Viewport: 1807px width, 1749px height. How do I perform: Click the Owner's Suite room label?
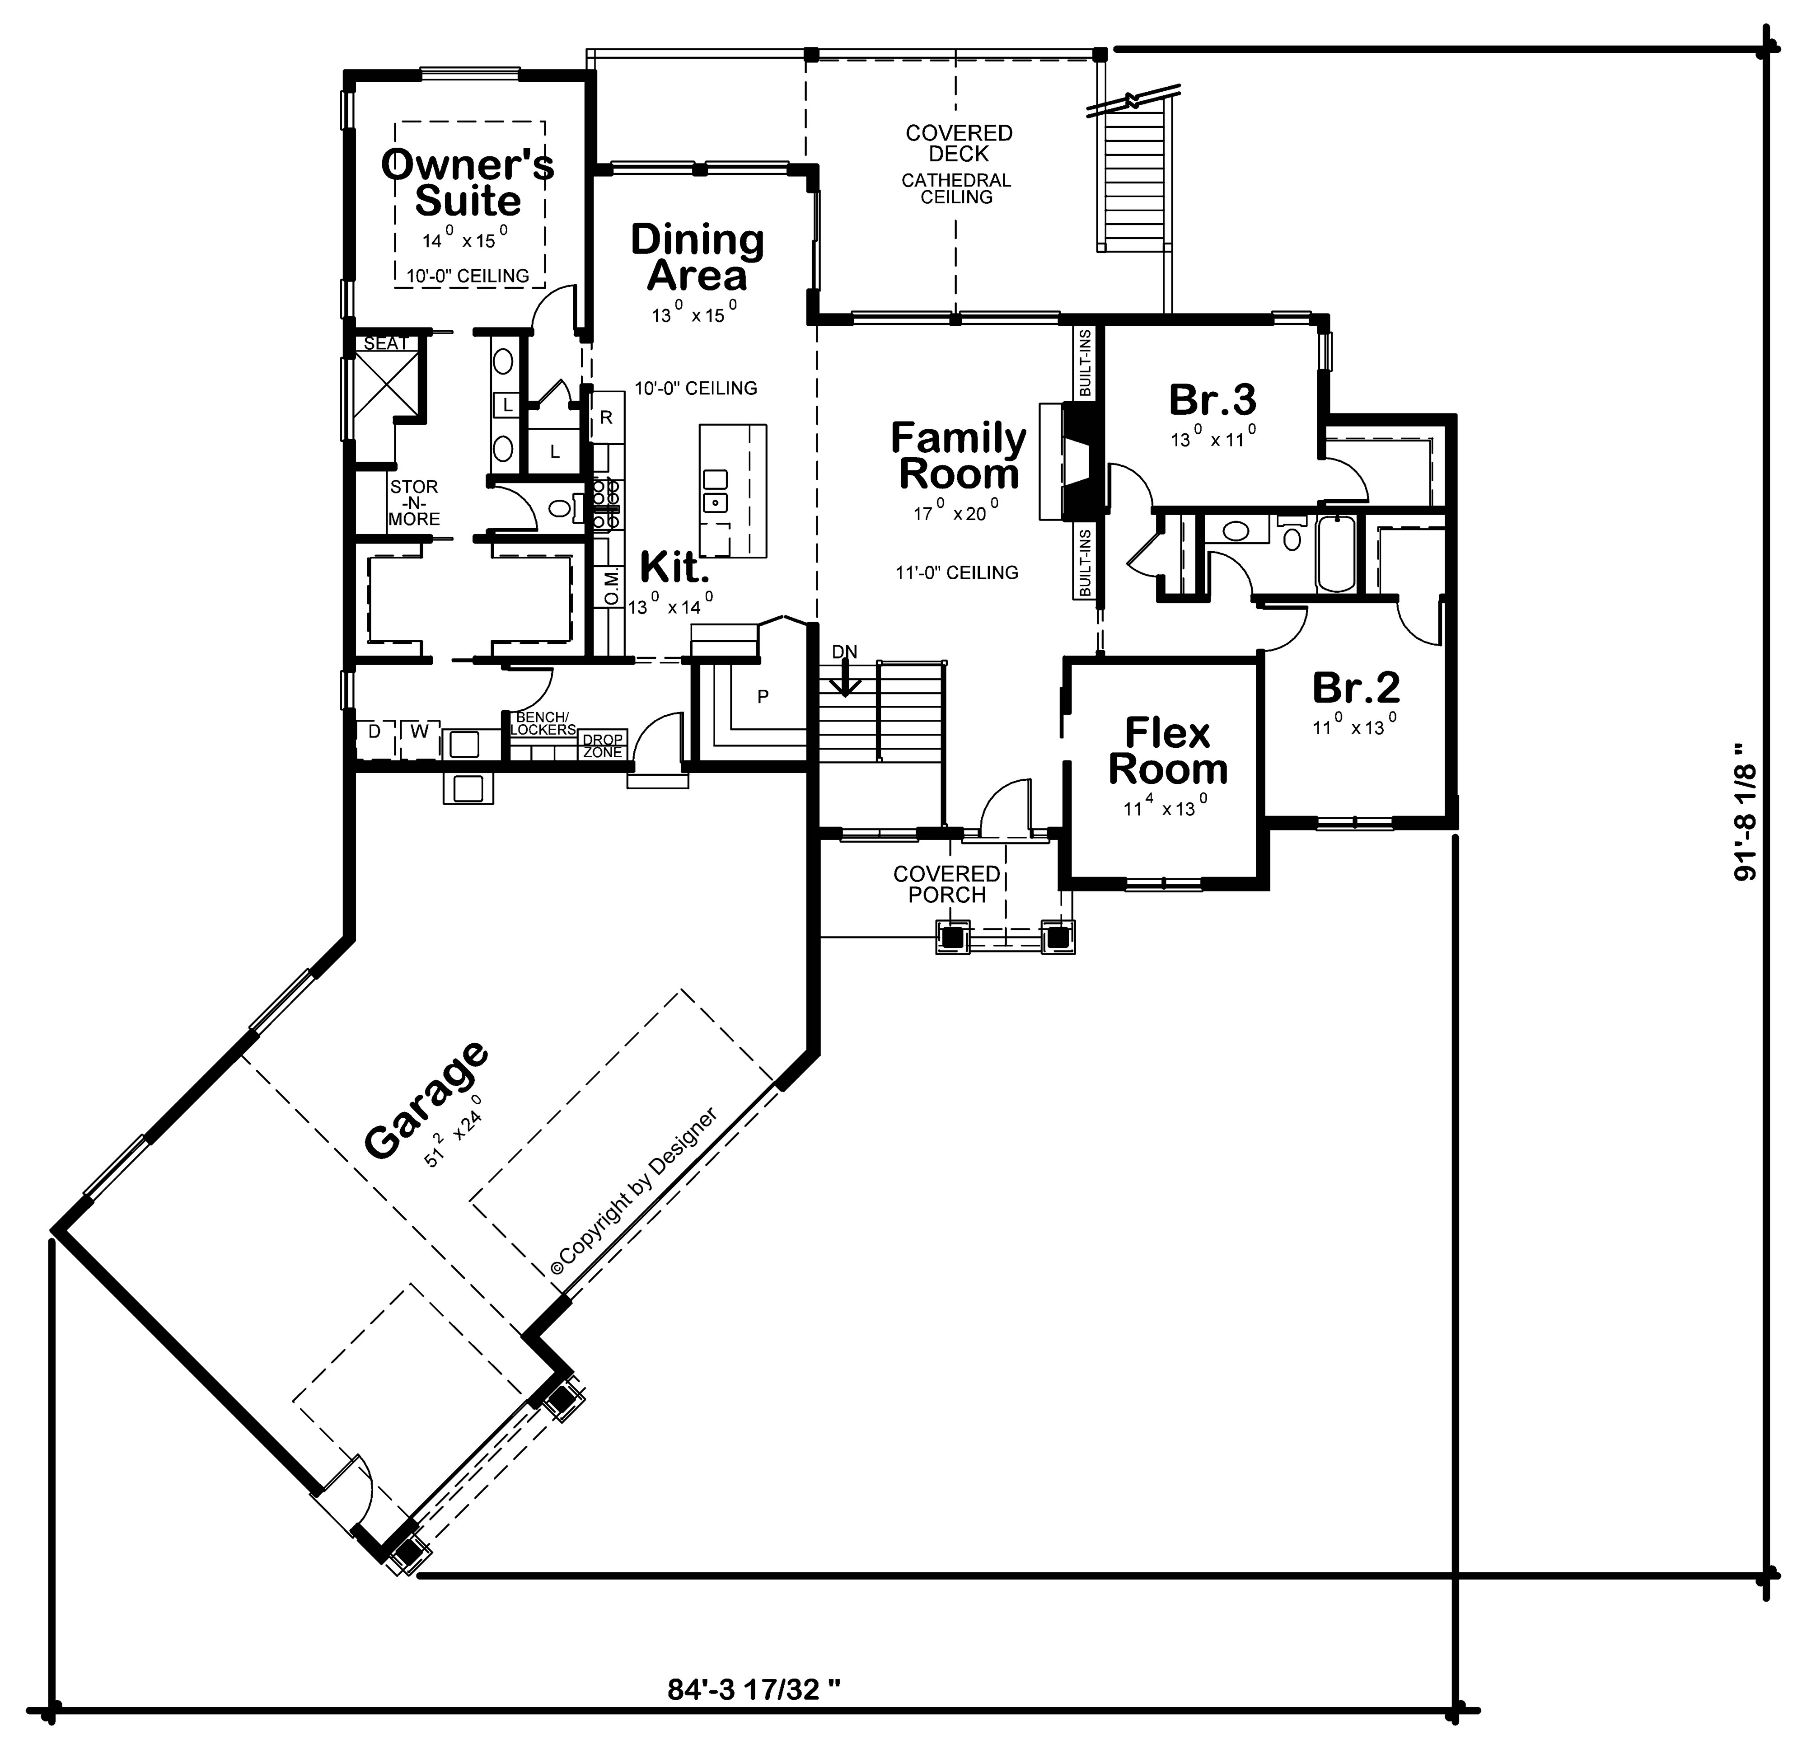pos(468,183)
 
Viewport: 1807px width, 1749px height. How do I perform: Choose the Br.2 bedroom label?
pos(1355,687)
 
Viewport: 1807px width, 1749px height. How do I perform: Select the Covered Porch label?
pos(947,883)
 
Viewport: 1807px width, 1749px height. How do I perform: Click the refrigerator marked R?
pos(606,417)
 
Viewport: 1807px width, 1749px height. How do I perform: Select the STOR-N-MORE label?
pos(414,502)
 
